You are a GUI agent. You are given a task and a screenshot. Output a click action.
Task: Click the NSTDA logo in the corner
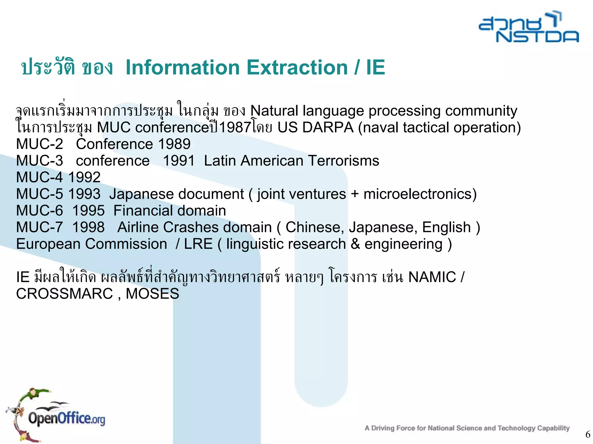529,27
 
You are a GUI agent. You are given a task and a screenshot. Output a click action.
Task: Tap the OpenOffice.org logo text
67,418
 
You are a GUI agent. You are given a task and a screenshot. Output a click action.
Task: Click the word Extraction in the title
297,67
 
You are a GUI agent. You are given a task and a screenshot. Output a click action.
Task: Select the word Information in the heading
183,67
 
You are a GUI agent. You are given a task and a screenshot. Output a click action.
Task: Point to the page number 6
587,434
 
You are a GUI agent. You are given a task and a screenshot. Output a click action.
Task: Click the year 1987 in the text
235,128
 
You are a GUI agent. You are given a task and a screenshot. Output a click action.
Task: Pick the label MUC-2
39,144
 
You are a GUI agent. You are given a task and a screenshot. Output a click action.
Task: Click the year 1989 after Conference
174,144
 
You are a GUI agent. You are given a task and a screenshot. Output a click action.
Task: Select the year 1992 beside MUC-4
84,177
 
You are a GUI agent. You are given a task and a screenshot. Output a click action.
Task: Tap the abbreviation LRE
198,244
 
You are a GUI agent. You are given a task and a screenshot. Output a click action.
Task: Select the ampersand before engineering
355,244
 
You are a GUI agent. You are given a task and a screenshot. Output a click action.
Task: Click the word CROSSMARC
64,294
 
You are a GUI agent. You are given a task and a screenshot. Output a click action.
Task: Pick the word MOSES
152,294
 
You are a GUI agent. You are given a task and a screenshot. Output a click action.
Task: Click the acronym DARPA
328,128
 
